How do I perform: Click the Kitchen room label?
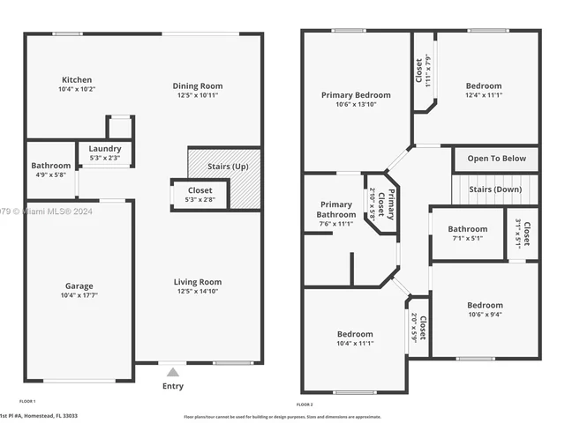[x=76, y=79]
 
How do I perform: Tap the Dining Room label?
[x=197, y=85]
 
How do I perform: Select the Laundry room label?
[x=106, y=150]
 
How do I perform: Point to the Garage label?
[x=78, y=286]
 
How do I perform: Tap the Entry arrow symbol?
[x=173, y=372]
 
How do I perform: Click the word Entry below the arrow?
[x=174, y=386]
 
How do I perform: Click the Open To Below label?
[x=496, y=159]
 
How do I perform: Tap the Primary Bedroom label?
[x=356, y=95]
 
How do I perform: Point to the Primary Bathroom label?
[x=335, y=209]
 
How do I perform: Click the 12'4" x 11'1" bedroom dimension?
[x=484, y=97]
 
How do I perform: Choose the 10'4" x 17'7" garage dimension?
[x=78, y=295]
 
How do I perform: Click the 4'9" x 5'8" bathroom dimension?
[x=50, y=175]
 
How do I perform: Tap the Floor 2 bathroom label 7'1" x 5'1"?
[x=466, y=238]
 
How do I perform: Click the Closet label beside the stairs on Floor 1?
[x=200, y=190]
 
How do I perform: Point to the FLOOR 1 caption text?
[x=33, y=400]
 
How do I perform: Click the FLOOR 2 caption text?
[x=305, y=404]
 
